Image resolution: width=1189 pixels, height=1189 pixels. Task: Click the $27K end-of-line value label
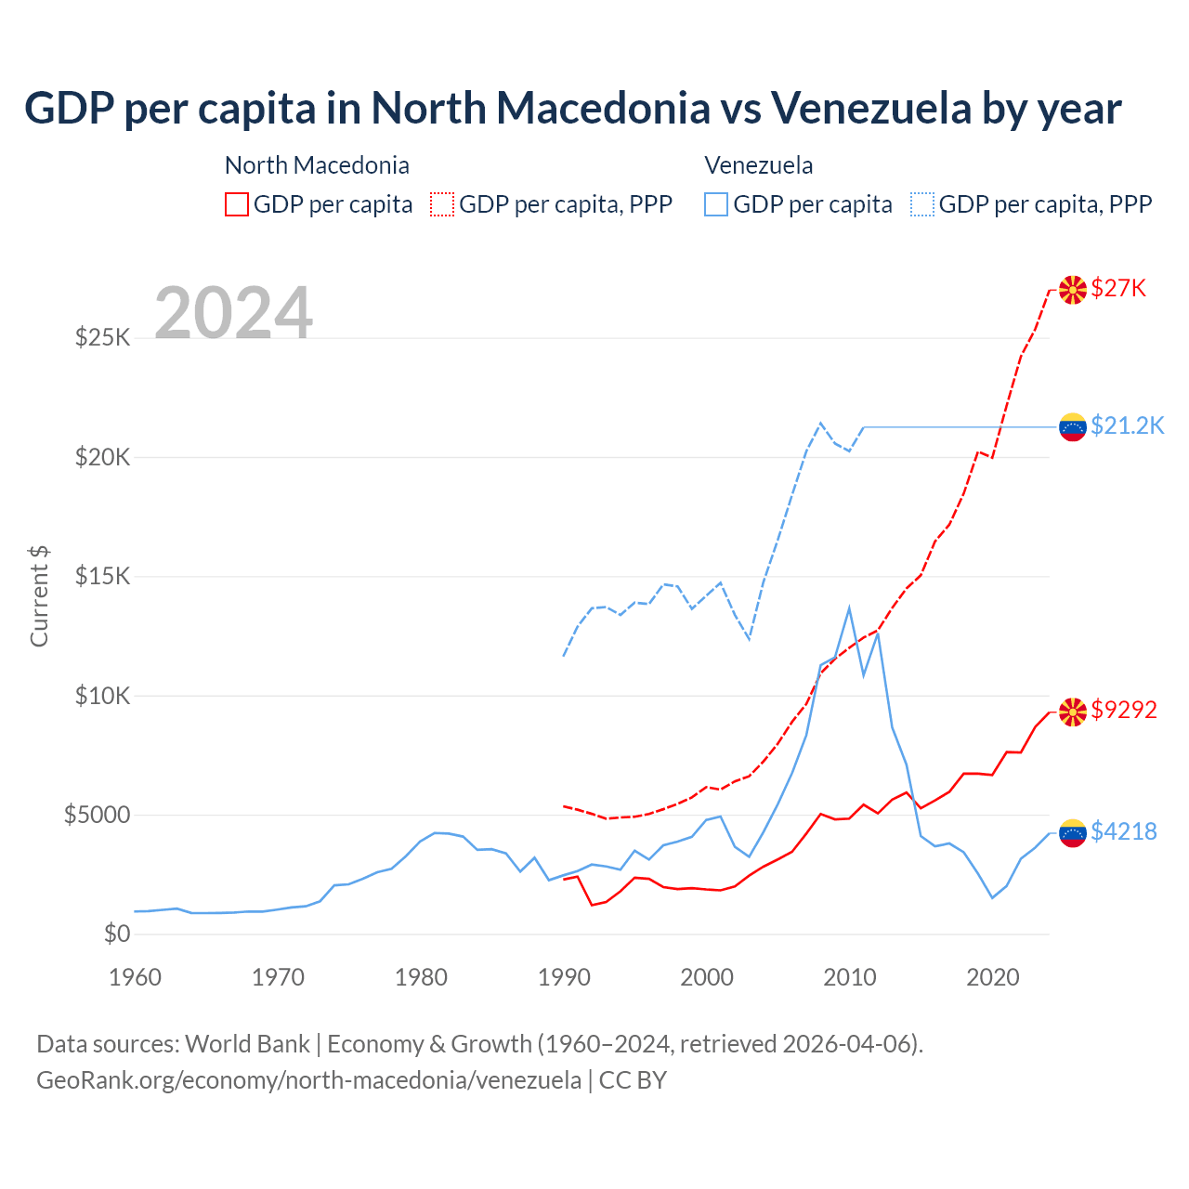coord(1118,288)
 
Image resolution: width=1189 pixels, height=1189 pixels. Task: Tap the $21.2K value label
coord(1127,425)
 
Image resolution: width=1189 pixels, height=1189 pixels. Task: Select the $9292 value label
coord(1124,710)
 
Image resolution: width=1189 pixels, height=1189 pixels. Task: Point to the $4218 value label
coord(1124,831)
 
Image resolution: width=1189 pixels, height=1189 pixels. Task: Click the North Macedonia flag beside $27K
coord(1073,290)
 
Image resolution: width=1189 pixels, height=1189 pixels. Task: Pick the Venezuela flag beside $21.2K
coord(1073,427)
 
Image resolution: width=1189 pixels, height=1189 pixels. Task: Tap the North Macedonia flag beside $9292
coord(1073,712)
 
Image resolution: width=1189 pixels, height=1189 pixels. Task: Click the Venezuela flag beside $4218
coord(1073,833)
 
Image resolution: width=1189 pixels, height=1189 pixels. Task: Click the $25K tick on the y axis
coord(102,337)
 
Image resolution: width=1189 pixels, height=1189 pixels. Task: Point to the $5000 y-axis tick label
coord(97,815)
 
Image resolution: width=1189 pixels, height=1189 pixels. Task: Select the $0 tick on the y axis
coord(117,934)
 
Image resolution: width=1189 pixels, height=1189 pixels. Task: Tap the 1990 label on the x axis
coord(564,977)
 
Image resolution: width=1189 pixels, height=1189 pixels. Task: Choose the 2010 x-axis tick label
coord(850,977)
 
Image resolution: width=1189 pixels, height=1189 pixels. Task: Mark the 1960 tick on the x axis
coord(136,977)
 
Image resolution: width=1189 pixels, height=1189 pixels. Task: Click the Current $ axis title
coord(39,596)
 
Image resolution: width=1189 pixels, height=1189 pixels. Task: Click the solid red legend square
coord(237,204)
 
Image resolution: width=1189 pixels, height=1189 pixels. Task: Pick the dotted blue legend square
coord(922,204)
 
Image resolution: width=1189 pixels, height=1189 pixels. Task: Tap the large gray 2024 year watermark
coord(233,313)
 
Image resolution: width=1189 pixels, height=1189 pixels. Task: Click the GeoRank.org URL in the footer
coord(308,1080)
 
